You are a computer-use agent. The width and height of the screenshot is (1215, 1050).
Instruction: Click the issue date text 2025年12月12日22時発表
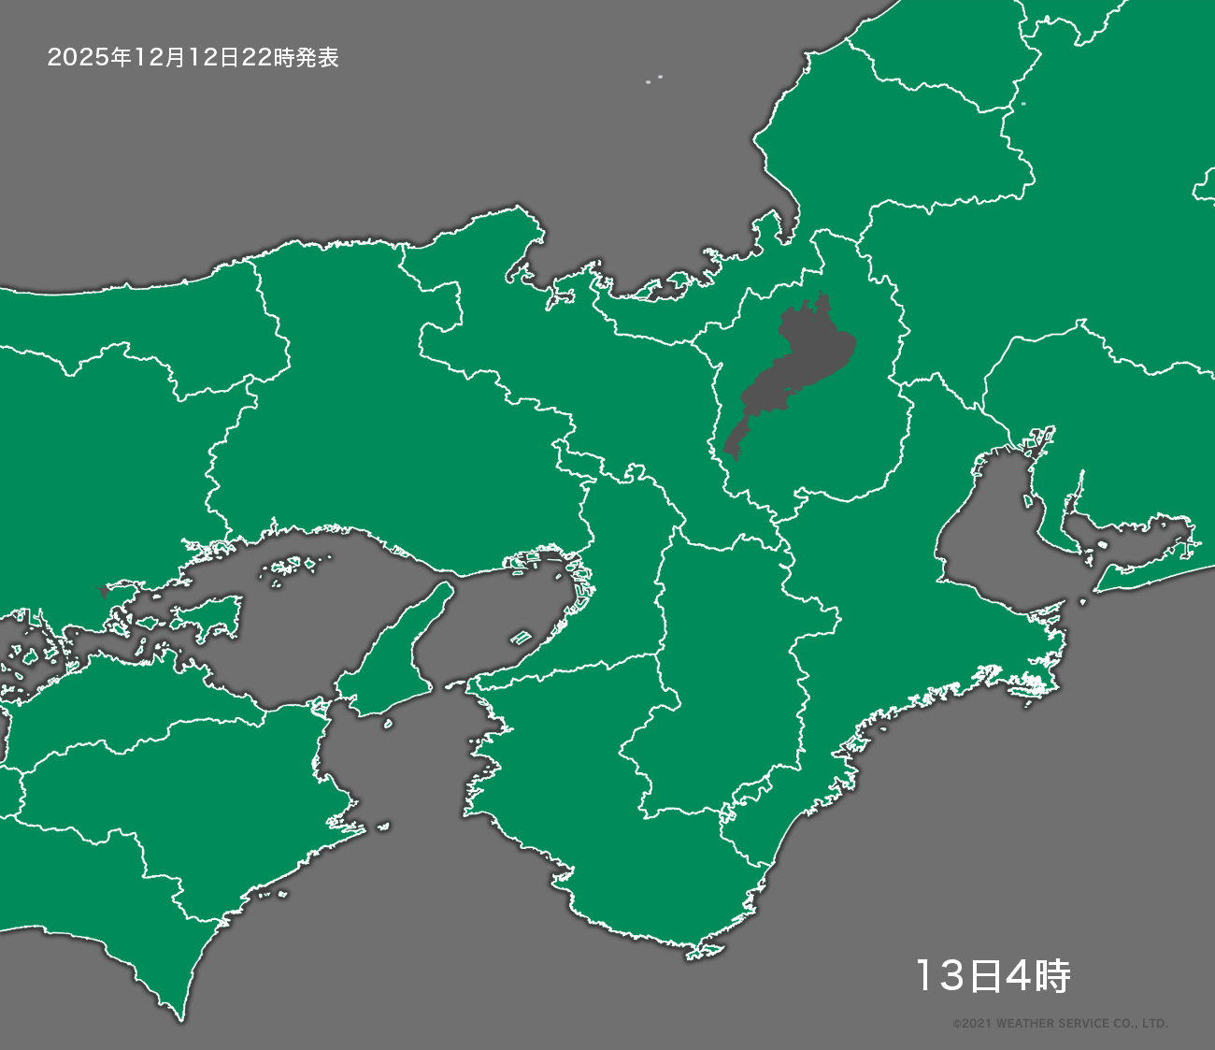point(193,58)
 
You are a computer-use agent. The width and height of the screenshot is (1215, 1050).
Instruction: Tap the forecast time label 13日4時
point(992,976)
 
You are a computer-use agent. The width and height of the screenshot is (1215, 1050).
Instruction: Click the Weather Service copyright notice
point(1060,1024)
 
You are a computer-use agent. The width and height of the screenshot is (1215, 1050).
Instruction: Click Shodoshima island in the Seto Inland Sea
point(211,613)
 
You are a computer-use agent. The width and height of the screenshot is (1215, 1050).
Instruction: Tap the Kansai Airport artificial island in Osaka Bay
point(521,639)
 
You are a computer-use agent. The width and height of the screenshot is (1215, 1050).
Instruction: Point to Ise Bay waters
point(991,533)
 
